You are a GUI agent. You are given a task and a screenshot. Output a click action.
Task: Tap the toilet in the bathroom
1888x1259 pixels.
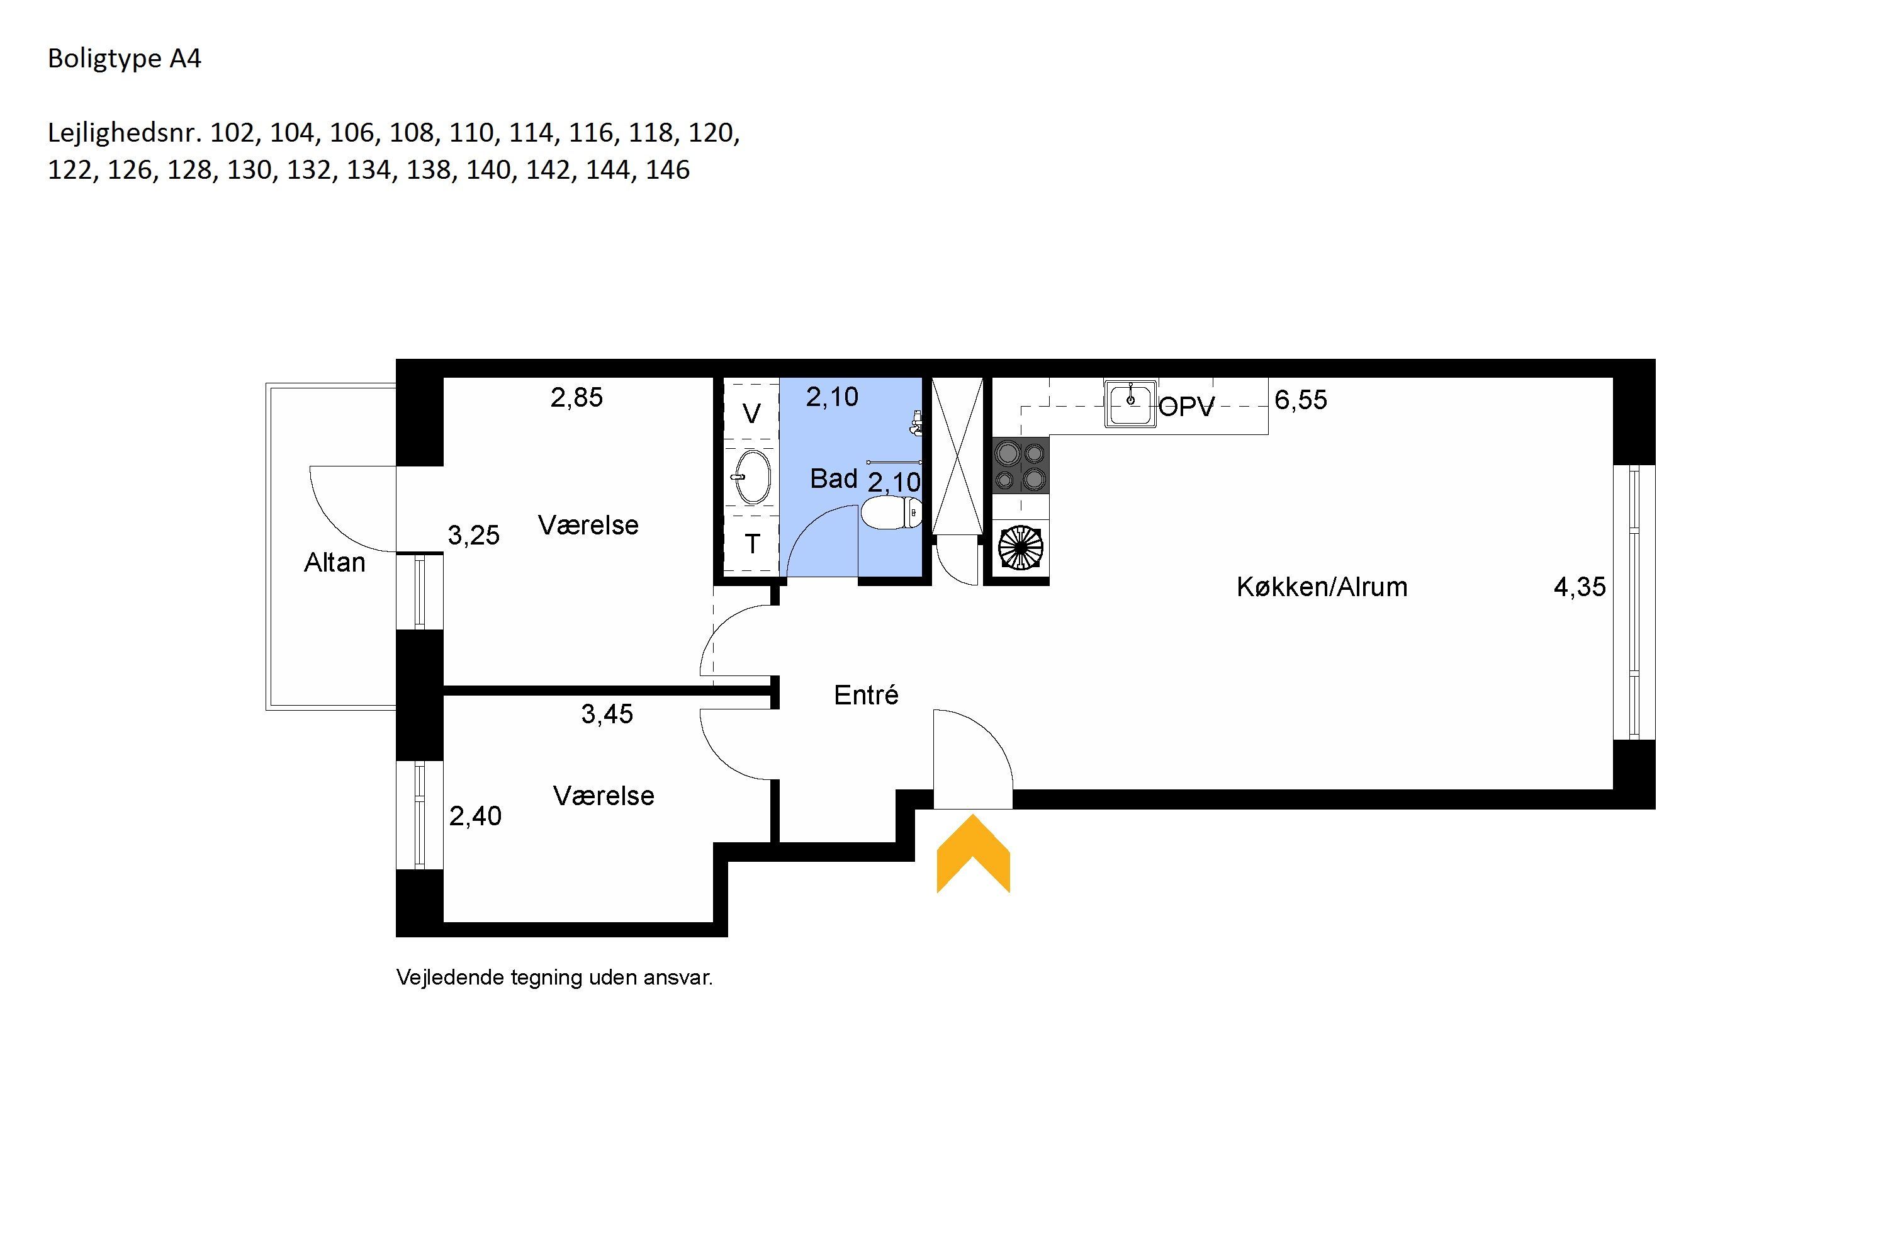[891, 513]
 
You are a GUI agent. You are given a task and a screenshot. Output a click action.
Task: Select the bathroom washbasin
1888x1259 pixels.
[752, 477]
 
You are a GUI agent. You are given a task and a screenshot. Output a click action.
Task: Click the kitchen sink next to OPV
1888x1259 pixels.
[1130, 403]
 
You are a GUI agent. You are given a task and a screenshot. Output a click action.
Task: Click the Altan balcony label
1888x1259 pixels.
[335, 562]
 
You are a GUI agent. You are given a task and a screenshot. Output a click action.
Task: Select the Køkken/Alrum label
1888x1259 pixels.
[1322, 587]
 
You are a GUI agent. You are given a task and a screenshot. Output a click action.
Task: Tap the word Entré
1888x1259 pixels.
[866, 694]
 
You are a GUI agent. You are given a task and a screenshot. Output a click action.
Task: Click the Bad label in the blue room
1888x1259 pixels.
[834, 478]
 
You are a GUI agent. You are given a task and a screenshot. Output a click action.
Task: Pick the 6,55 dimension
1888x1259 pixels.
[1301, 400]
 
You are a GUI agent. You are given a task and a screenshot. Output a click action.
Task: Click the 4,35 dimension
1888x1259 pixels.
[1580, 587]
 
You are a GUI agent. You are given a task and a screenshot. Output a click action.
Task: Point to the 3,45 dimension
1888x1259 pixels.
[607, 714]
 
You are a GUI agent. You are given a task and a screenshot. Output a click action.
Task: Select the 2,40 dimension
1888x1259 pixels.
[475, 816]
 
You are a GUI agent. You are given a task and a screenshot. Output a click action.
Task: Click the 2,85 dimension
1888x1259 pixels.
[576, 397]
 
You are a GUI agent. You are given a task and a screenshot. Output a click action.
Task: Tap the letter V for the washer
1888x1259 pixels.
[751, 414]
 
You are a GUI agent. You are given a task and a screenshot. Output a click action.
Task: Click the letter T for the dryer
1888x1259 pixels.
[752, 545]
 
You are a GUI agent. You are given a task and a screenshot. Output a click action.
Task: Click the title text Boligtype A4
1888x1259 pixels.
[125, 59]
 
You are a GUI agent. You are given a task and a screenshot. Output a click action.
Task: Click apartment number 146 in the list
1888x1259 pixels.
[668, 170]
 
